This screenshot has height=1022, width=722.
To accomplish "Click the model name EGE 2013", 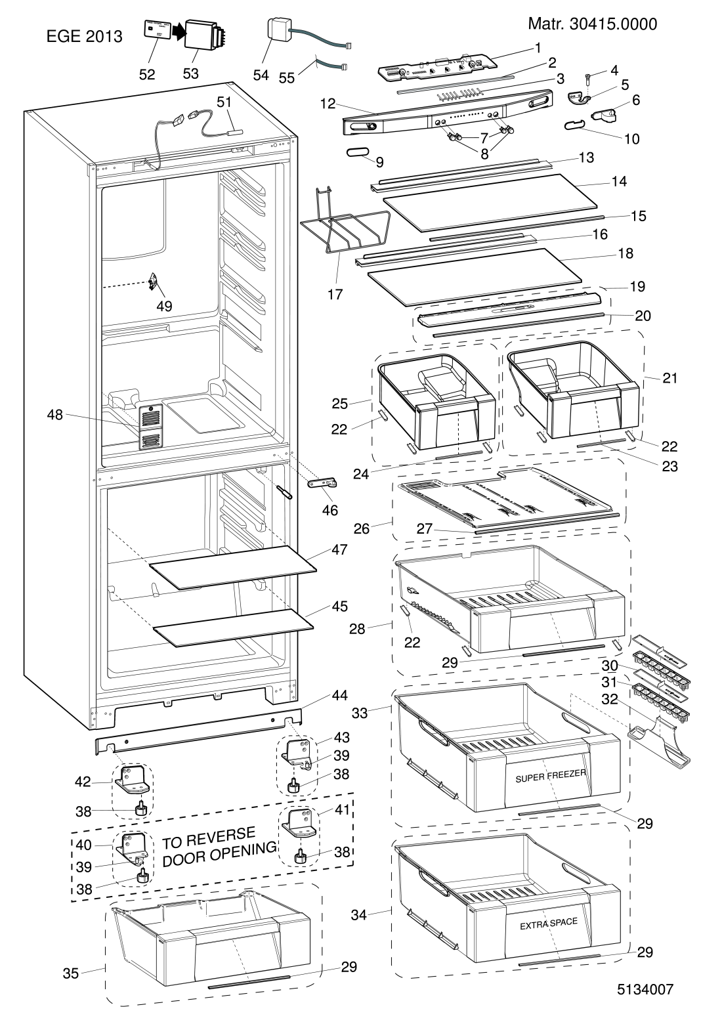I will [x=84, y=37].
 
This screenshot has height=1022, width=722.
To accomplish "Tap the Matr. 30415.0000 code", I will [x=592, y=25].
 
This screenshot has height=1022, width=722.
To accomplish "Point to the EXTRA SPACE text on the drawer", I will [x=549, y=922].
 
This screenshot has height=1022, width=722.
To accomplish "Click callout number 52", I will [x=147, y=74].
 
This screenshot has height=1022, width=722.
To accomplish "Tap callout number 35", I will [x=70, y=974].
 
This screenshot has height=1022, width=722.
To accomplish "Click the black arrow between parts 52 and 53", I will [x=178, y=30].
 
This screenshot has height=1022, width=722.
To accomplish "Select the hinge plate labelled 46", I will [x=323, y=483].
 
